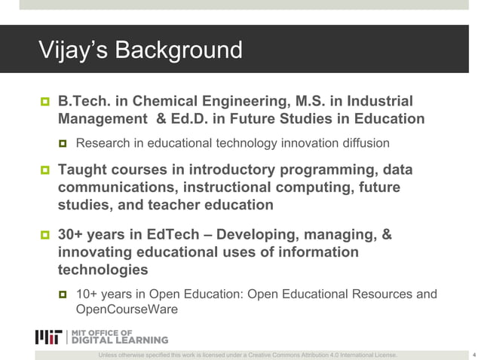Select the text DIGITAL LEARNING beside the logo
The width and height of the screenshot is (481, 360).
tap(120, 340)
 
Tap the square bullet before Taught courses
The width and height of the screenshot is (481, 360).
tap(43, 169)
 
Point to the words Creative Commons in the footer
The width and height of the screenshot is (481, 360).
tap(277, 355)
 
